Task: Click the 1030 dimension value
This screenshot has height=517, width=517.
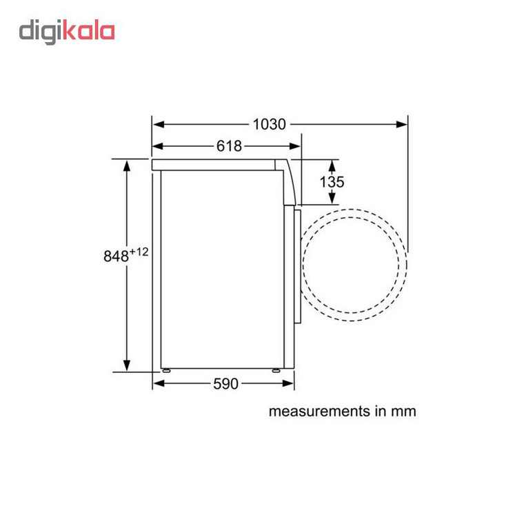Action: point(269,124)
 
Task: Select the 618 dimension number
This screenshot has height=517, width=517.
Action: point(229,145)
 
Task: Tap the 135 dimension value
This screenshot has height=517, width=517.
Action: point(332,182)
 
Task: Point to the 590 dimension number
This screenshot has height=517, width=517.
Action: point(225,383)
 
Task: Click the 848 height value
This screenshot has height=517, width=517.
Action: point(116,256)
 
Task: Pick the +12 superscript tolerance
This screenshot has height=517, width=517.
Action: point(139,252)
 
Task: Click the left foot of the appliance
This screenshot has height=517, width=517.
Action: point(166,371)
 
